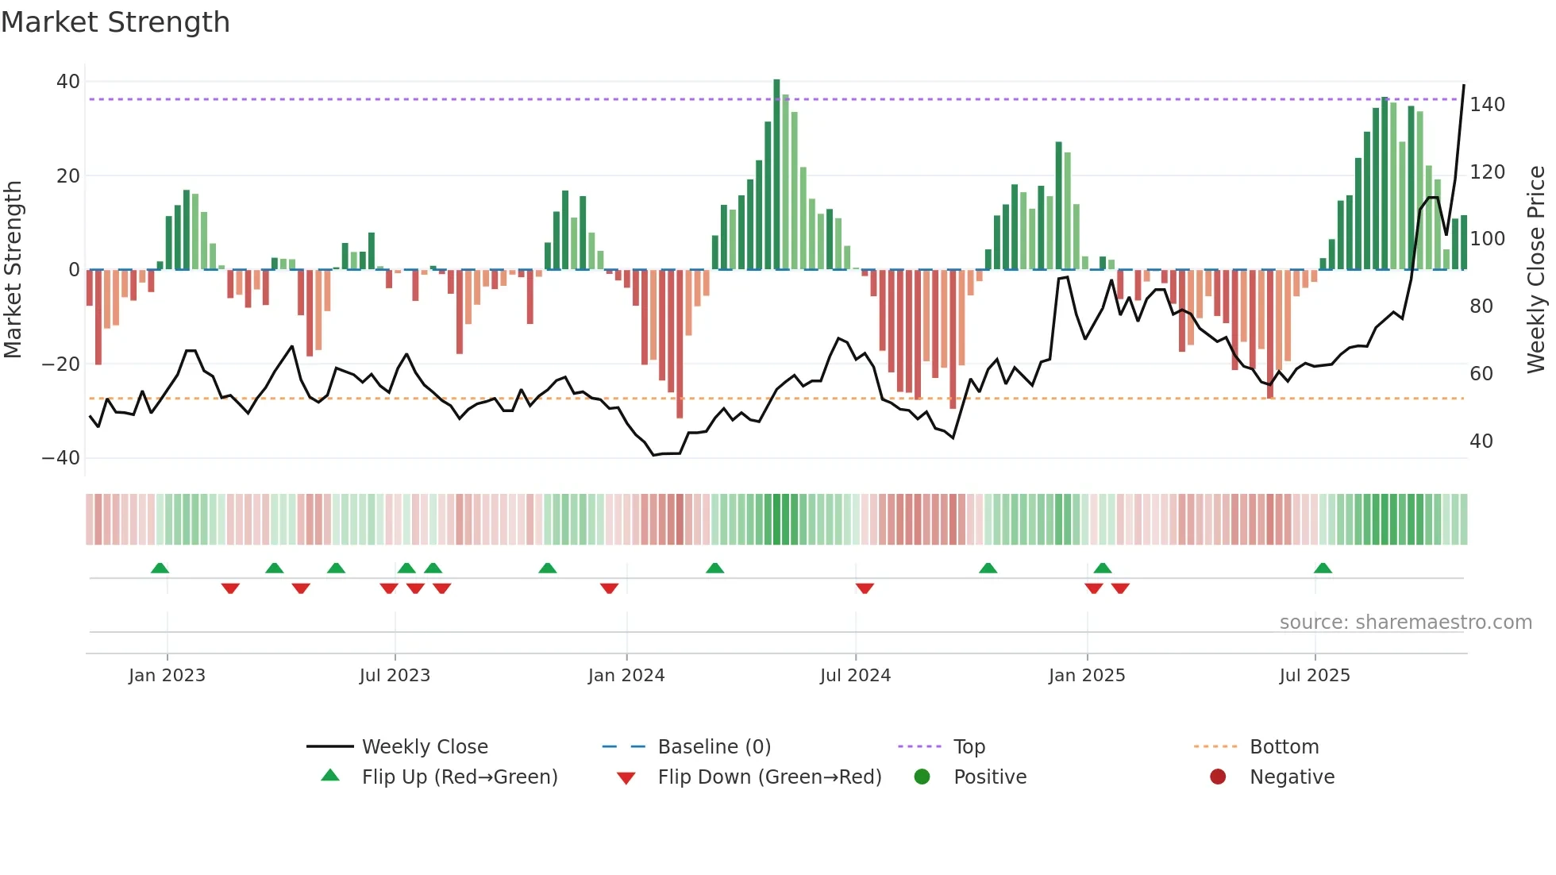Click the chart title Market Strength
(115, 22)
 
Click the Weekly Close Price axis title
(1536, 270)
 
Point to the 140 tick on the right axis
(1487, 105)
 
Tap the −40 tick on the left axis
(61, 458)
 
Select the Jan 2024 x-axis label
(626, 676)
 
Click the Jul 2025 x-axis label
(1315, 676)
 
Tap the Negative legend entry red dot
(1218, 777)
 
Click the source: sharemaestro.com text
(1405, 623)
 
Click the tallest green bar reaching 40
(776, 175)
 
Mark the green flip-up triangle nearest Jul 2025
(1323, 569)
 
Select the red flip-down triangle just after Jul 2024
(865, 588)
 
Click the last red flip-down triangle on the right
(1120, 588)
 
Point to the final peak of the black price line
(1464, 86)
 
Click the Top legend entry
(969, 747)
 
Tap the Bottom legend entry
(1284, 747)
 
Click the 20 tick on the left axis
(68, 175)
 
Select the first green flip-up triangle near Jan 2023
(160, 569)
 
